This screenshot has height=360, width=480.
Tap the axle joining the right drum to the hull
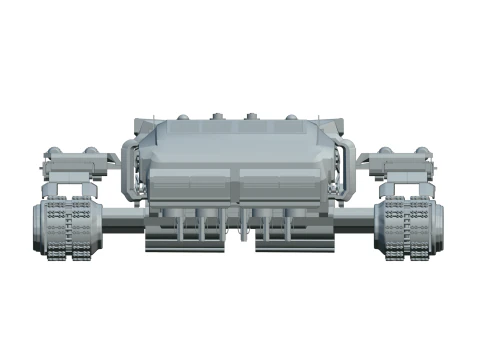(x=358, y=214)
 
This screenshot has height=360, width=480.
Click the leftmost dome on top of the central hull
(x=183, y=118)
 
